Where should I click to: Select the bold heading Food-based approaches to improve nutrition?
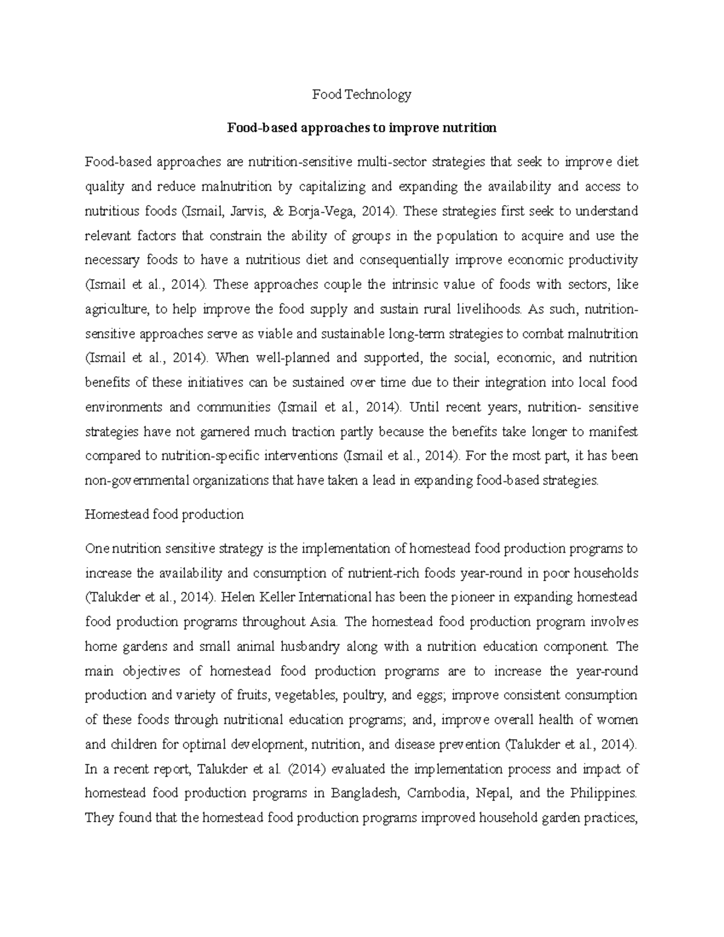[x=361, y=128]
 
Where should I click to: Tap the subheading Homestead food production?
[x=164, y=515]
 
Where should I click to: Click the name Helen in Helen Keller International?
[x=238, y=597]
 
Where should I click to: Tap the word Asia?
[x=327, y=621]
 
